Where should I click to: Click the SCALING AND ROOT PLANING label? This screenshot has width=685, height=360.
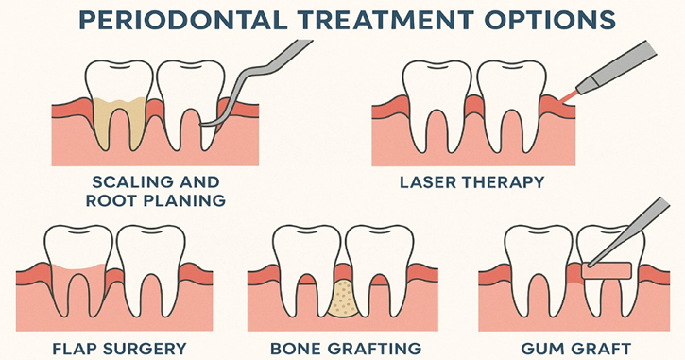(x=158, y=191)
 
